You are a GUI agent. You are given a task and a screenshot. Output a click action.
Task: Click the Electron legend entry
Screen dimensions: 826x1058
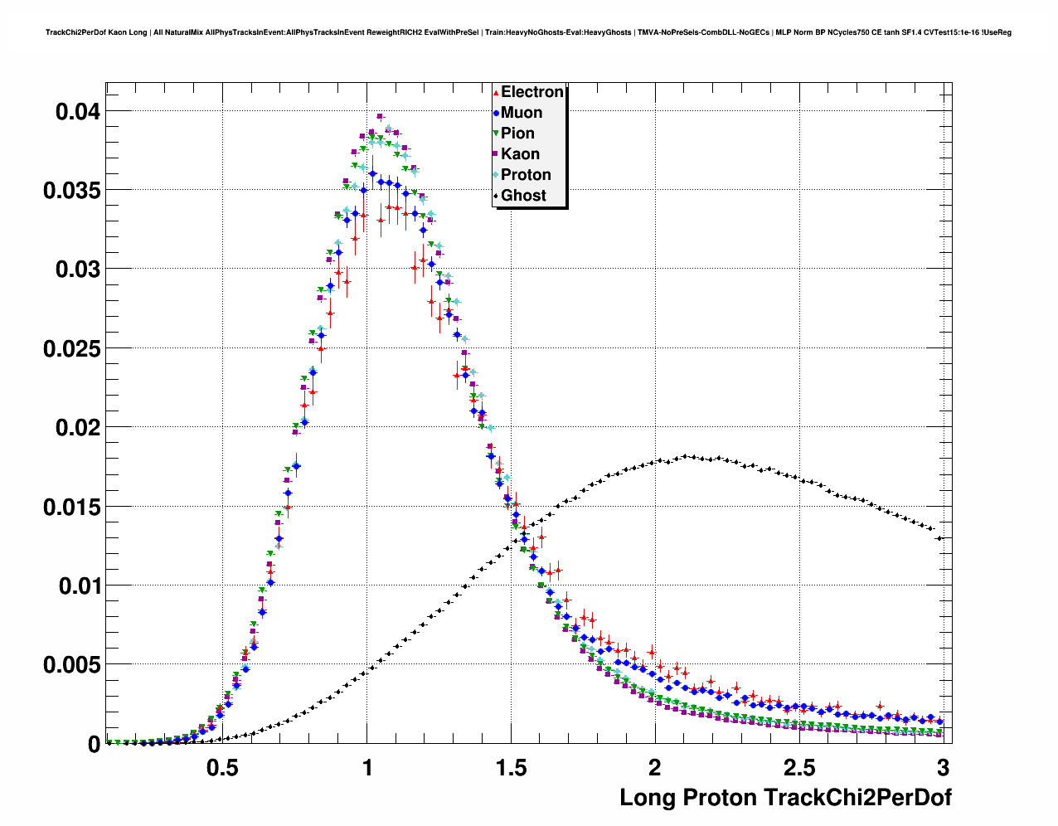531,92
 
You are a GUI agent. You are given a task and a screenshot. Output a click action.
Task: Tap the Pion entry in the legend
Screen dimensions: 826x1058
517,134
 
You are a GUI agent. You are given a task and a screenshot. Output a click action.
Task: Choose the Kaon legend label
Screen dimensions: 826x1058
520,154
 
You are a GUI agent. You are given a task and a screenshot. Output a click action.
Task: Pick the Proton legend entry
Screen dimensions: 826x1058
526,175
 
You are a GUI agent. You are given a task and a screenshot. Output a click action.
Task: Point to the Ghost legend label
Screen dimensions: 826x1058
523,196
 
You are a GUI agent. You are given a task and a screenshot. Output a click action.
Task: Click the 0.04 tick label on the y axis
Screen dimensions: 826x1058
77,111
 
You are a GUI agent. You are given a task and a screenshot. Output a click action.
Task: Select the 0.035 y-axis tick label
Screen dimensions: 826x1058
70,190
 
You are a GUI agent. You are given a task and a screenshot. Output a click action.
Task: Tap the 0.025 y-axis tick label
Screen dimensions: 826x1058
70,348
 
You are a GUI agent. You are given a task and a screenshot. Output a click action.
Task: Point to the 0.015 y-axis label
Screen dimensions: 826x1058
70,507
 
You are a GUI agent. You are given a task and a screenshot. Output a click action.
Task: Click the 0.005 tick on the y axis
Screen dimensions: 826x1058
70,665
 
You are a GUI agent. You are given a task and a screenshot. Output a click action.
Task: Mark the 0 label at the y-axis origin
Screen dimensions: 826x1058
94,745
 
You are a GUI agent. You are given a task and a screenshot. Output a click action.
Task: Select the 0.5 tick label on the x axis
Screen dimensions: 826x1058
223,768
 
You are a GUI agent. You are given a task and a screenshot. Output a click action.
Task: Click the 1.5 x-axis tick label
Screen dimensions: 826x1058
511,768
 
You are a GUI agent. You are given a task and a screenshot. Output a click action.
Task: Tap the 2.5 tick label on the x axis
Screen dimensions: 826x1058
799,768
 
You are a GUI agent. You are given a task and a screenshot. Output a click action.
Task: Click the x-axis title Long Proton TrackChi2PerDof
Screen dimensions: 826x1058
785,798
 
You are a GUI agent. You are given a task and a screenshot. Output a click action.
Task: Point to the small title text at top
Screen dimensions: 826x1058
528,32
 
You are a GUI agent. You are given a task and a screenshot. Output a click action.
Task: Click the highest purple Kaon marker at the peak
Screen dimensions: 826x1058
380,116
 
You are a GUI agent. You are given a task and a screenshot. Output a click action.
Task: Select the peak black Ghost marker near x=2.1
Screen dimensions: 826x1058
687,456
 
